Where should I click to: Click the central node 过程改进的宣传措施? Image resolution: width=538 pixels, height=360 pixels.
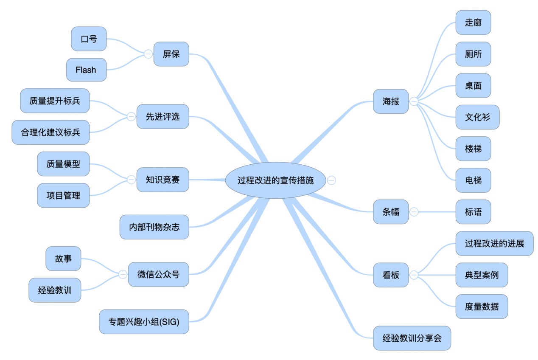tap(275, 180)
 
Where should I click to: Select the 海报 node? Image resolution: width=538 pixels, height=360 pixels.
tap(391, 101)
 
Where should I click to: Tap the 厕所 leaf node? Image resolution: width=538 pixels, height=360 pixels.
tap(473, 54)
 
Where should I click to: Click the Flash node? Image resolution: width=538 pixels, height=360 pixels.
tap(86, 70)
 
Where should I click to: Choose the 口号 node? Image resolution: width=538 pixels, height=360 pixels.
tap(89, 39)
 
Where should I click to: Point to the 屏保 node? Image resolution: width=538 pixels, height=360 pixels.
tap(171, 54)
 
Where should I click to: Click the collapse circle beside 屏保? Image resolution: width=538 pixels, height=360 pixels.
tap(148, 54)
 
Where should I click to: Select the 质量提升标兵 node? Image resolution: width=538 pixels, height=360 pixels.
tap(55, 101)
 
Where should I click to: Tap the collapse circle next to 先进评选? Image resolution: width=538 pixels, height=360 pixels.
tap(131, 117)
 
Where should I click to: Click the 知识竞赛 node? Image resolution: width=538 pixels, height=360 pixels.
tap(163, 180)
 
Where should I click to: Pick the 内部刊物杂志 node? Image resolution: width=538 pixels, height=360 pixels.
tap(154, 227)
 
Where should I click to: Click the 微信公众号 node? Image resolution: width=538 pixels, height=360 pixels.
tap(159, 274)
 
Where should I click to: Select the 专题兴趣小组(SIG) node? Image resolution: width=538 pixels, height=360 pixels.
tap(144, 322)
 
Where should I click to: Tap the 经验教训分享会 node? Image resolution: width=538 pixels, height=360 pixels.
tap(412, 338)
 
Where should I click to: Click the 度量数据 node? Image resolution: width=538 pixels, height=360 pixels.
tap(482, 307)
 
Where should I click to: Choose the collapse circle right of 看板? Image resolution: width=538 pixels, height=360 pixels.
tap(414, 275)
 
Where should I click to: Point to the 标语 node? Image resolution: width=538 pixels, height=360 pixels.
tap(473, 212)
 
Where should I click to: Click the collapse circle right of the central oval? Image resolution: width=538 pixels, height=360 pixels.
tap(331, 180)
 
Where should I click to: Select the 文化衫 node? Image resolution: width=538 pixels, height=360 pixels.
tap(477, 117)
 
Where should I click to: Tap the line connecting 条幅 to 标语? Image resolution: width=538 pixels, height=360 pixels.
tap(437, 212)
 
